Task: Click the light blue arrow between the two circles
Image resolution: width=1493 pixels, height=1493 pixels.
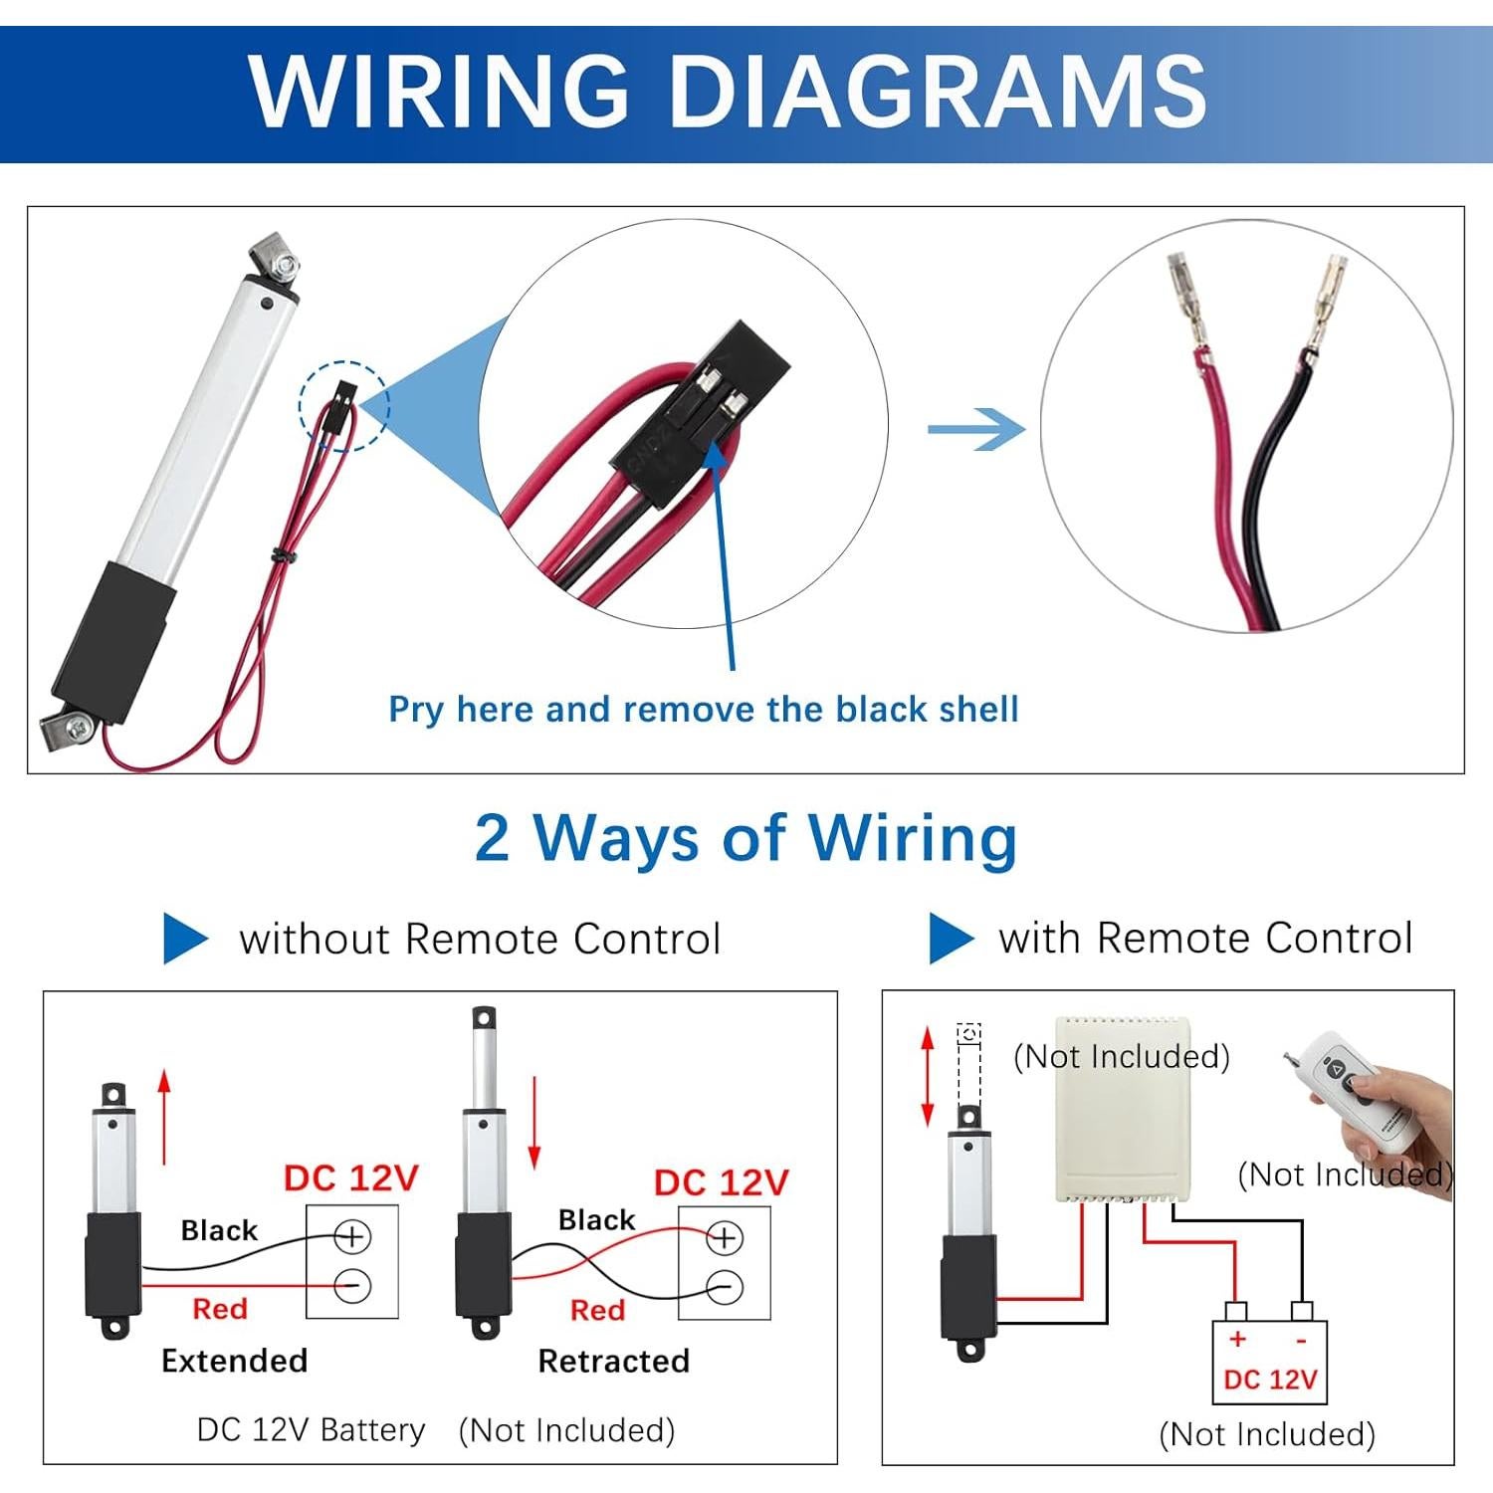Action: (x=975, y=429)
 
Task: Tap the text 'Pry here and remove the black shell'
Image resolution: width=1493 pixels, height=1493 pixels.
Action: (x=704, y=710)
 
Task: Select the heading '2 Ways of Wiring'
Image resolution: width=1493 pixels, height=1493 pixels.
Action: (x=746, y=838)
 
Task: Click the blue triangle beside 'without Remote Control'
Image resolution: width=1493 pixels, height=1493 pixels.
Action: (x=184, y=939)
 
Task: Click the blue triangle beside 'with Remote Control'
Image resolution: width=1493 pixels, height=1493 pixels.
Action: (x=950, y=938)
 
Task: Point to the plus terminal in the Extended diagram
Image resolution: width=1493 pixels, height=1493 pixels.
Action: (x=351, y=1237)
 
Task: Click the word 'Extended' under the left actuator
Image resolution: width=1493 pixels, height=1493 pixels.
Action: (x=235, y=1361)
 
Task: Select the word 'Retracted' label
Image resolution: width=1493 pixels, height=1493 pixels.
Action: (x=613, y=1361)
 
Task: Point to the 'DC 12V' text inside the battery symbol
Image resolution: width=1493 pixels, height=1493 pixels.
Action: (x=1270, y=1380)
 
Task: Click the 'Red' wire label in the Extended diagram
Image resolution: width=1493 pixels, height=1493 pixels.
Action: (x=220, y=1309)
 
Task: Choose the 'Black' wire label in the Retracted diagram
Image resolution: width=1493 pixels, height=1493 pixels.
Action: (x=596, y=1220)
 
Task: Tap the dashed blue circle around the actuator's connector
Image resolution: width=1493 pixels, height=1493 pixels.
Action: (x=344, y=405)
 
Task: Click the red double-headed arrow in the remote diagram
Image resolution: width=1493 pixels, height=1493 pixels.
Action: (x=928, y=1077)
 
